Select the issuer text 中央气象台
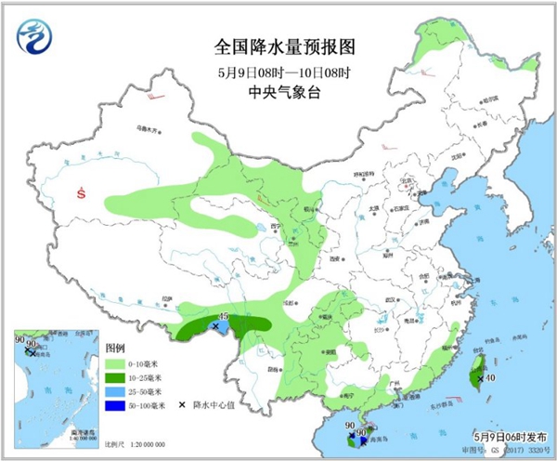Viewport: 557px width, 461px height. pos(278,91)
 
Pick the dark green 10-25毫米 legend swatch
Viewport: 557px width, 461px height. pos(115,378)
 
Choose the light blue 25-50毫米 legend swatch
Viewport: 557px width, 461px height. pos(115,391)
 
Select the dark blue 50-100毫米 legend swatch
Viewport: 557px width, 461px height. pos(115,405)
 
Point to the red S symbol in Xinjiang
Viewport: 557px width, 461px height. pos(82,194)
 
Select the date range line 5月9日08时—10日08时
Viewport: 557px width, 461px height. pos(278,71)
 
